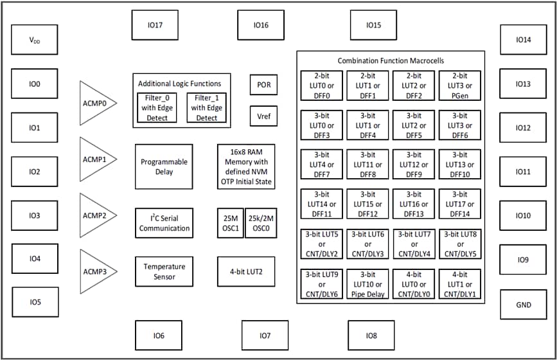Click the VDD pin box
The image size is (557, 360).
click(34, 40)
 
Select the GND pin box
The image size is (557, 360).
click(523, 305)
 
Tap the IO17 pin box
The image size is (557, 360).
click(154, 25)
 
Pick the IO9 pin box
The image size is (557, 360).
click(523, 260)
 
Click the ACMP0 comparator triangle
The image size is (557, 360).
click(95, 103)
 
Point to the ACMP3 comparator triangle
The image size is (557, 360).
click(95, 271)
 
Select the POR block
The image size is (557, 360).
click(263, 84)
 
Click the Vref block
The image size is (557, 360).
click(263, 116)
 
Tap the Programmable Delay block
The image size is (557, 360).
click(164, 166)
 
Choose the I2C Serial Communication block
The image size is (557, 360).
click(164, 223)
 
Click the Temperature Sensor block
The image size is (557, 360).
click(164, 271)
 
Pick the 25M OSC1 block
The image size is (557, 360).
click(230, 223)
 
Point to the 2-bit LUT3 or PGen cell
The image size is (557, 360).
click(459, 85)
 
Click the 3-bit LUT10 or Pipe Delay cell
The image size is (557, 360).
click(367, 284)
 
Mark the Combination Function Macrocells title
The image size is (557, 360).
click(391, 60)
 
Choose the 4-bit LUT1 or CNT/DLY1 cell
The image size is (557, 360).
click(459, 284)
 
